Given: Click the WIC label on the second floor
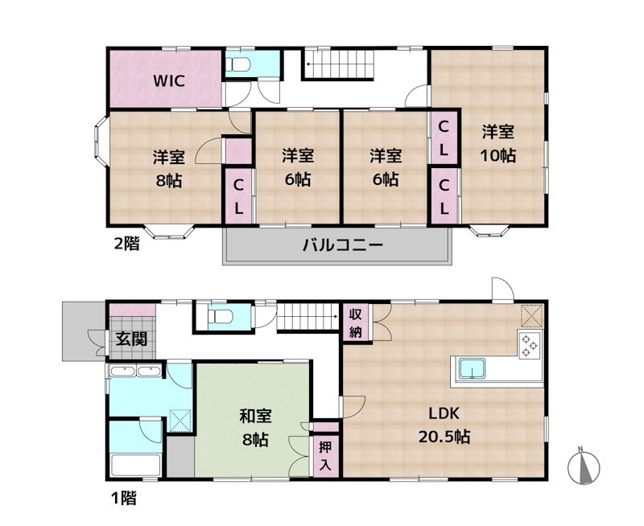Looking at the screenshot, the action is [169, 80].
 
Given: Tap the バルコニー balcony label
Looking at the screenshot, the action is [344, 245].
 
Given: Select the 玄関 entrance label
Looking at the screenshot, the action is [131, 339].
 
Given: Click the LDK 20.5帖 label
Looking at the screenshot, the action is [444, 425].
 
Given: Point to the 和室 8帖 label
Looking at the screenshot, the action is [255, 428].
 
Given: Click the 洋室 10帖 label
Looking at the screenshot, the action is [498, 144].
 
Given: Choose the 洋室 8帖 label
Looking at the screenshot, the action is [169, 168].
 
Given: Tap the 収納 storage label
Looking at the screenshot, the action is [356, 323].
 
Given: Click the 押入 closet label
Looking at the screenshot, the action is [325, 457].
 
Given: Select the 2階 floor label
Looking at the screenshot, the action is [126, 244].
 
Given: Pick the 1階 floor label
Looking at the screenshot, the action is [124, 498].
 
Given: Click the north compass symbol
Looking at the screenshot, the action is [584, 466].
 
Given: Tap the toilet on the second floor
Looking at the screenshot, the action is [238, 64].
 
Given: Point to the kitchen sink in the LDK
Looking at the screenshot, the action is [472, 368].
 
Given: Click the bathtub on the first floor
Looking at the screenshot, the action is [135, 465].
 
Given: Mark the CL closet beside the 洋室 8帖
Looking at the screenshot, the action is [238, 197].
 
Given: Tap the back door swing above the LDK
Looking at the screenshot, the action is [503, 290].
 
